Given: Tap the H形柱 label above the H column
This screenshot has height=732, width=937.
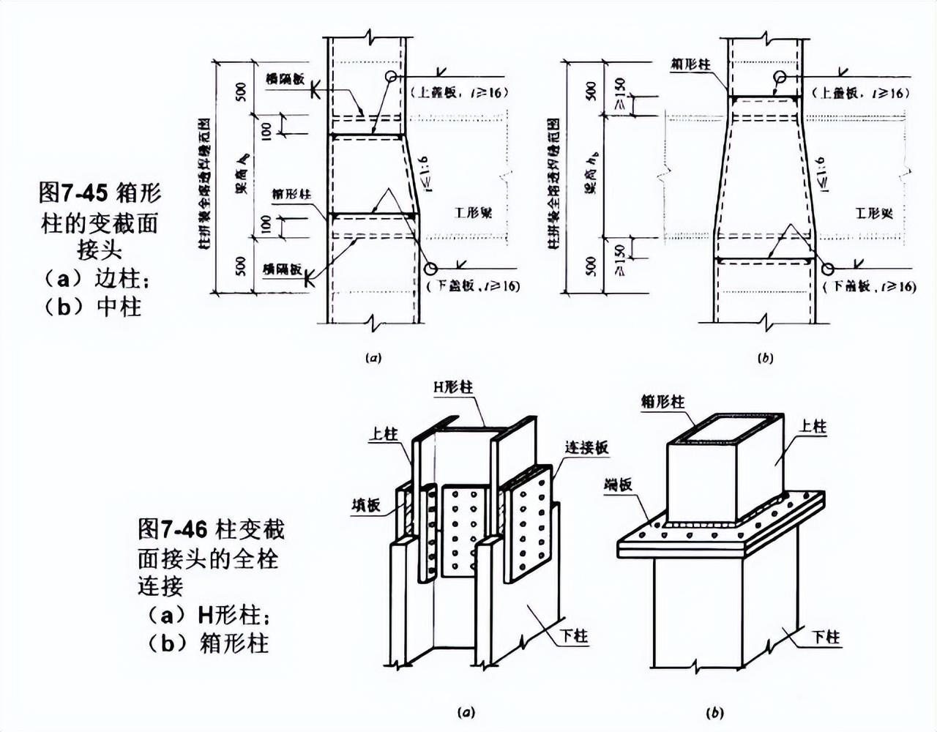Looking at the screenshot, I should (453, 386).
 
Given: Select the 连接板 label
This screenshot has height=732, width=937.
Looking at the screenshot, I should (586, 447).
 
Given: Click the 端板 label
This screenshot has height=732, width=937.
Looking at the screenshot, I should (619, 484).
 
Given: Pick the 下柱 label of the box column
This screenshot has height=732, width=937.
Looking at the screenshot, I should (826, 637).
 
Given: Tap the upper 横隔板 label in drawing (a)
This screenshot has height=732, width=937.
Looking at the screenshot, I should (285, 79).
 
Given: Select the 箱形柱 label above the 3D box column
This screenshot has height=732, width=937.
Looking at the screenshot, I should (662, 401).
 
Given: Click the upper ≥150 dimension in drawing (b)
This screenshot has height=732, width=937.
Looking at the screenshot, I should (621, 105).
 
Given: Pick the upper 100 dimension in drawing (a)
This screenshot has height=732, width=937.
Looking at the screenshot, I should (266, 130).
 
